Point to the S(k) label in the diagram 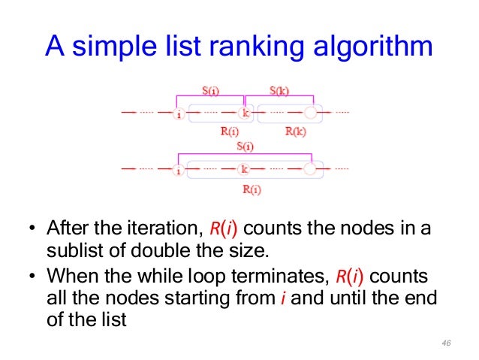[x=280, y=92]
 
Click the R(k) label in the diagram [x=295, y=130]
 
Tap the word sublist [x=70, y=250]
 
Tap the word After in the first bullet [x=68, y=228]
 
